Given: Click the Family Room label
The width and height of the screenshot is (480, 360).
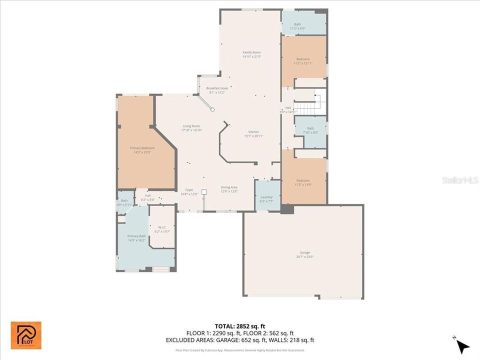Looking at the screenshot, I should (x=251, y=54).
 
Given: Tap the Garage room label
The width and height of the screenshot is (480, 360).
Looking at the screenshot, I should (x=303, y=255).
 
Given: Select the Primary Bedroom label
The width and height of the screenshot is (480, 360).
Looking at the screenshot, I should (x=142, y=150).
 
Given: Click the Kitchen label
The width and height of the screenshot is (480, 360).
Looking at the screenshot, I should (x=253, y=133).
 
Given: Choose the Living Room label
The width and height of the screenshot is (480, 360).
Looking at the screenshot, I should (x=191, y=128).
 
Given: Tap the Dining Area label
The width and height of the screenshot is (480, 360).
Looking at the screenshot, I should (x=229, y=189).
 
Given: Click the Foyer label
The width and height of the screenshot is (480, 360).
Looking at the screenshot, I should (x=189, y=191).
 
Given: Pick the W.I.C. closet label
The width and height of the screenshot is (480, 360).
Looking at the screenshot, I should (x=162, y=229).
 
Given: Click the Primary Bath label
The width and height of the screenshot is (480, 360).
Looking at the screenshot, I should (x=136, y=238).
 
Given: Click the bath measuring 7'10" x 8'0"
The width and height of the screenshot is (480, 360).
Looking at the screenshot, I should (x=310, y=130).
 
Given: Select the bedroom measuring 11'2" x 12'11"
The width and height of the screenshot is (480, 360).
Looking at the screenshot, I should (x=303, y=61).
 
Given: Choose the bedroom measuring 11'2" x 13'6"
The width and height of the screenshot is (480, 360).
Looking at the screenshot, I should (x=303, y=182).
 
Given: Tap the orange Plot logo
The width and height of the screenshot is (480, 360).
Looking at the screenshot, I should (x=26, y=335).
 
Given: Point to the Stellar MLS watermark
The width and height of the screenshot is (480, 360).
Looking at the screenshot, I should (x=460, y=179).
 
